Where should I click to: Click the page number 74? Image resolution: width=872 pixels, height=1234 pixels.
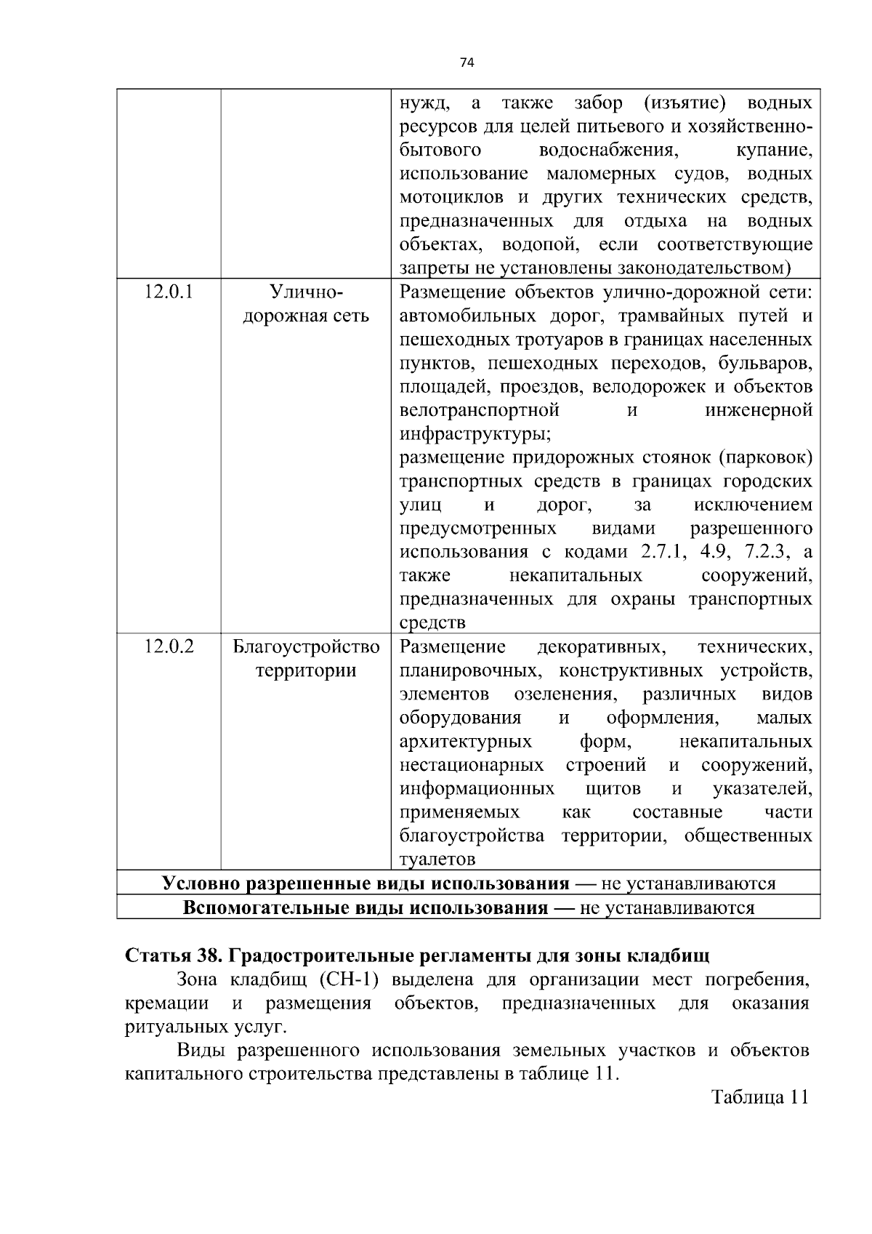point(467,63)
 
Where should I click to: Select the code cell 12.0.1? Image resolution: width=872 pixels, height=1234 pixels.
point(169,292)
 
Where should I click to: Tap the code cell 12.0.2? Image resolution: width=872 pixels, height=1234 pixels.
point(169,646)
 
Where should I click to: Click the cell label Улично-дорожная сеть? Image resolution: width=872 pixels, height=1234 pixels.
point(306,304)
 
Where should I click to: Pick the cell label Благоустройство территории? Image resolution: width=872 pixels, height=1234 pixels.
point(306,658)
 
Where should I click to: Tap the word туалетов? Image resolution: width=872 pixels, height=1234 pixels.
point(437,860)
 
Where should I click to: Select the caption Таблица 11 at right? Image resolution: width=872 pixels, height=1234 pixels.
point(759,1097)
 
